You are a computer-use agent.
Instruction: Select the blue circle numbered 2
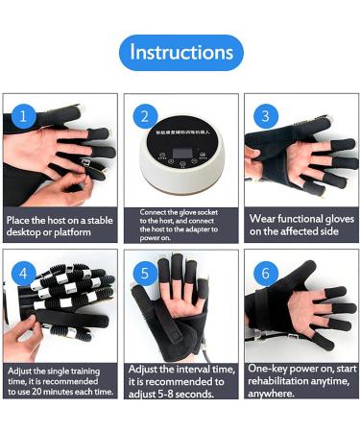(144, 116)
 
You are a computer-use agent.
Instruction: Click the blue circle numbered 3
(263, 116)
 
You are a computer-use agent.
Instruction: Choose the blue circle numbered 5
(144, 273)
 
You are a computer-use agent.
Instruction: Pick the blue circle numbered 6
(263, 273)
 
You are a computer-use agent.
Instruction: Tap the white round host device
(180, 163)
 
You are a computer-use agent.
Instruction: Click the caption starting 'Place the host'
(59, 225)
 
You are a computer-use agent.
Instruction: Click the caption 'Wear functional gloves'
(299, 225)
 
